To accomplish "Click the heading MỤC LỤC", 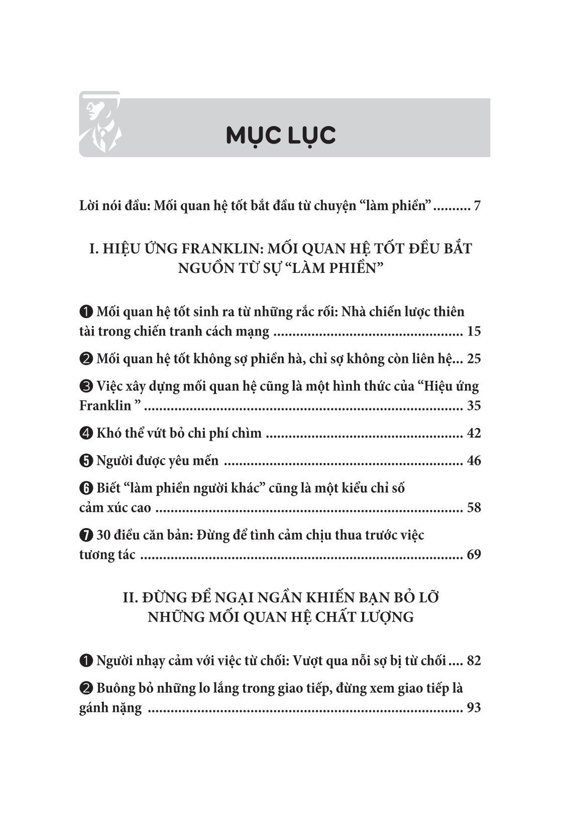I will [x=281, y=136].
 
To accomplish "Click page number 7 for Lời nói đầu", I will [x=477, y=206].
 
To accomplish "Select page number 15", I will [x=474, y=331].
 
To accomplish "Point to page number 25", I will [x=474, y=359].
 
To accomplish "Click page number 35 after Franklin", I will [x=474, y=405].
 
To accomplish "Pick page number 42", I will [x=474, y=433].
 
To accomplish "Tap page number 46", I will [x=474, y=461].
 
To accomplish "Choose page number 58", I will [x=474, y=507].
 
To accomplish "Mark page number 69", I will [x=474, y=555].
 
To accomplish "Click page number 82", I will [x=474, y=661].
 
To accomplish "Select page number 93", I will [x=474, y=708].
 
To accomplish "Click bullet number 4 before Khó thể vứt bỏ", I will [x=85, y=434].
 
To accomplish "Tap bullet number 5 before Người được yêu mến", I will [x=85, y=461].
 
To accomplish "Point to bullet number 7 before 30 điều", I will [x=85, y=536].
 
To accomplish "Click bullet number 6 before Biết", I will [x=85, y=489].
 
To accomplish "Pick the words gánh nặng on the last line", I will [x=110, y=708].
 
